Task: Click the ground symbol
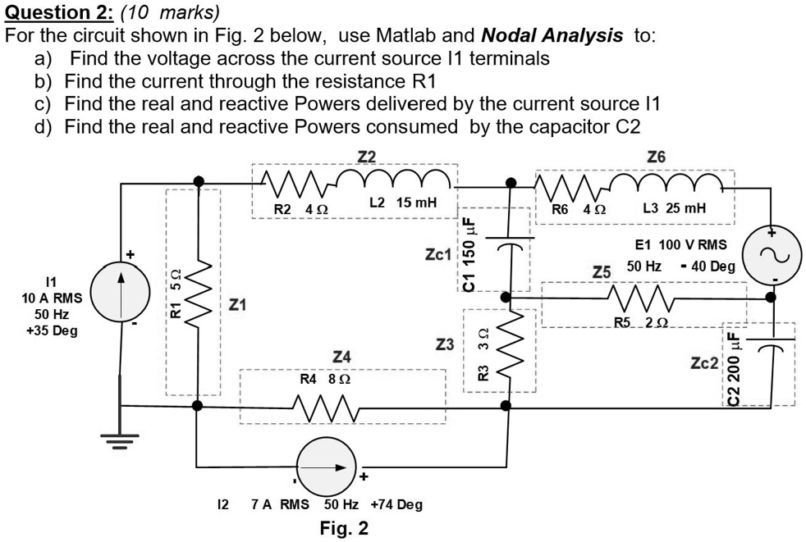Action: pos(121,443)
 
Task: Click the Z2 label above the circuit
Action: pos(367,156)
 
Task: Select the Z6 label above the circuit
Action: pos(657,156)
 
